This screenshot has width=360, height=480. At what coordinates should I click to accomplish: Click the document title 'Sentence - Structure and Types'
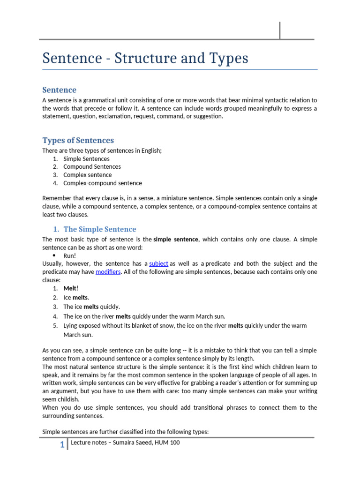(x=145, y=59)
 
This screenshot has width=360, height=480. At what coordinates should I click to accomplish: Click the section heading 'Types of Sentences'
(x=78, y=140)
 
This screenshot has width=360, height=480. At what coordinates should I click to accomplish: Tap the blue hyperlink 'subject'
(x=158, y=263)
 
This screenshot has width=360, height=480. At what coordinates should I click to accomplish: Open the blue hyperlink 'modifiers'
(x=108, y=272)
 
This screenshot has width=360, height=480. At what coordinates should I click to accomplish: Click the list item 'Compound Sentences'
(x=92, y=166)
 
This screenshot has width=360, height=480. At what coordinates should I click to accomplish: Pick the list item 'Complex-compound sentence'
(x=102, y=183)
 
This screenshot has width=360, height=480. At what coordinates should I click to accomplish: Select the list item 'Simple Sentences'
(x=86, y=158)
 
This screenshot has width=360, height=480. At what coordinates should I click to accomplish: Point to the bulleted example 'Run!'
(x=69, y=255)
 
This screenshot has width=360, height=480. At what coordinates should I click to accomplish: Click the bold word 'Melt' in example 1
(x=70, y=289)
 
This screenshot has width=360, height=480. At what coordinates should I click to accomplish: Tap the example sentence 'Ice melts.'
(x=76, y=297)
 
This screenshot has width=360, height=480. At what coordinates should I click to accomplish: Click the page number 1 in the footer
(x=62, y=445)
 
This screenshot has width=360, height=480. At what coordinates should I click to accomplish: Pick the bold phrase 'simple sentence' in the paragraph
(x=176, y=239)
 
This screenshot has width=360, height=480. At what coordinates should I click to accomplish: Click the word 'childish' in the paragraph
(x=67, y=399)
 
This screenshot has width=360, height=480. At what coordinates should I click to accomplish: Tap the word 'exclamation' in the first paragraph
(x=115, y=116)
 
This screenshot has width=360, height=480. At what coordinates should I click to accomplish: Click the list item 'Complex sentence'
(x=87, y=175)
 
